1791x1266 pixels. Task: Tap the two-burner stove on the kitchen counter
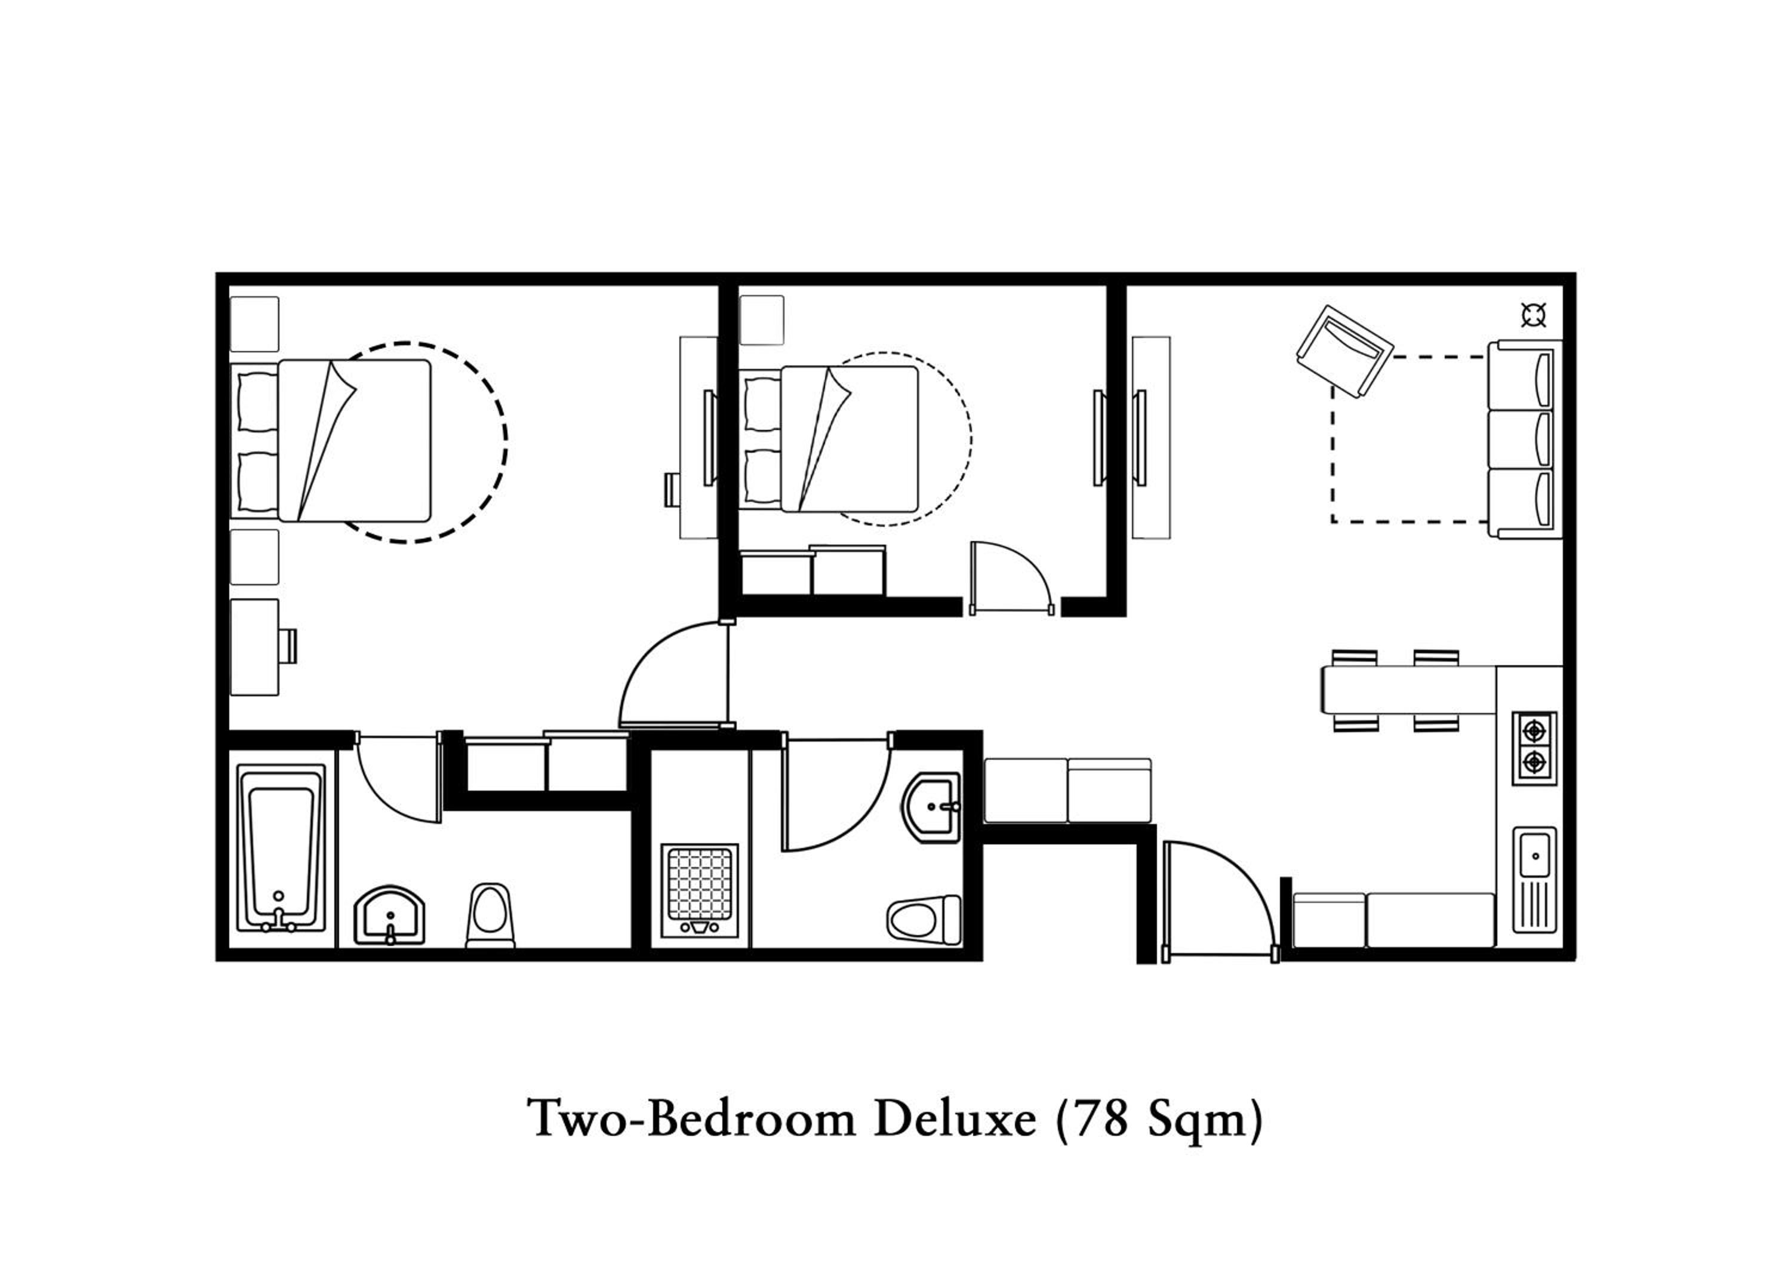tap(1534, 748)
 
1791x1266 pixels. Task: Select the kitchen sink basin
tap(1534, 880)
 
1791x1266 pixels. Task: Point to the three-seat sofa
tap(1524, 439)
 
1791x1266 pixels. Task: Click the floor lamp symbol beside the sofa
tap(1534, 316)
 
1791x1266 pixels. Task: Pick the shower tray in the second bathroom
tap(699, 890)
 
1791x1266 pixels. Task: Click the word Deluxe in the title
tap(955, 1118)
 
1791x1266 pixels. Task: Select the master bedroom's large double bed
tap(331, 440)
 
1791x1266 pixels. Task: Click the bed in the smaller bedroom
tap(829, 439)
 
